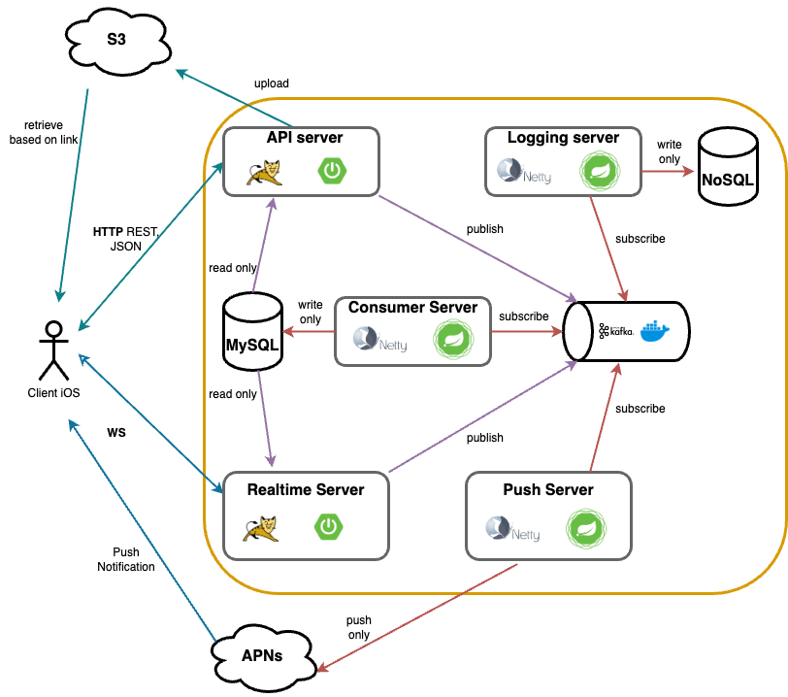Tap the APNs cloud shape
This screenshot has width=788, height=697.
coord(262,654)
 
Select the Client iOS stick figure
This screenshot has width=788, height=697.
coord(54,348)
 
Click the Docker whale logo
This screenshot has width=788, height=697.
coord(653,331)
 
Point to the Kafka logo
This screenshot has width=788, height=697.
coord(616,331)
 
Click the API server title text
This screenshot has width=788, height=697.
coord(306,138)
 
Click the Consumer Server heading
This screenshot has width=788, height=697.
coord(412,308)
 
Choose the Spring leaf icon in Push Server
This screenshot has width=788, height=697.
coord(585,528)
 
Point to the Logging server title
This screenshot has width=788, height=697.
coord(563,138)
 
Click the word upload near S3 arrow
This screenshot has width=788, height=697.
coord(271,83)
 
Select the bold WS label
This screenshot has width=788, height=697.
coord(117,431)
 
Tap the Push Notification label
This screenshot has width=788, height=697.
coord(126,559)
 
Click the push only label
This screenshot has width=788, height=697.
coord(359,627)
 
